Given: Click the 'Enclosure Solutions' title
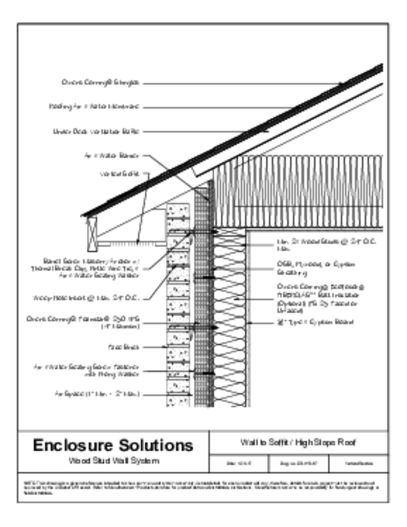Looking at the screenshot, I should pos(113,445).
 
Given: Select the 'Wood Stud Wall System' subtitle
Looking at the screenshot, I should pos(113,461).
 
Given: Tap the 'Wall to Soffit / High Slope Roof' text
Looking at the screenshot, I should pos(298,443).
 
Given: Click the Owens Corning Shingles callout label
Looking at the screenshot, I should pos(101,82).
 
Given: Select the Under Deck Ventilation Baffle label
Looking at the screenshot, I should pos(96,131).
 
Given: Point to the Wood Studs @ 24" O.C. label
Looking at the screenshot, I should pos(327,245).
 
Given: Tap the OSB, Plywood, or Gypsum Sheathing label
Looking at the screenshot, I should pos(316,269).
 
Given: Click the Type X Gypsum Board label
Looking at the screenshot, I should pos(315,322).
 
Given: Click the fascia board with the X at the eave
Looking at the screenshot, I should pos(92,235).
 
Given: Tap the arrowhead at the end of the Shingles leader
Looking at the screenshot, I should pos(342,83).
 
